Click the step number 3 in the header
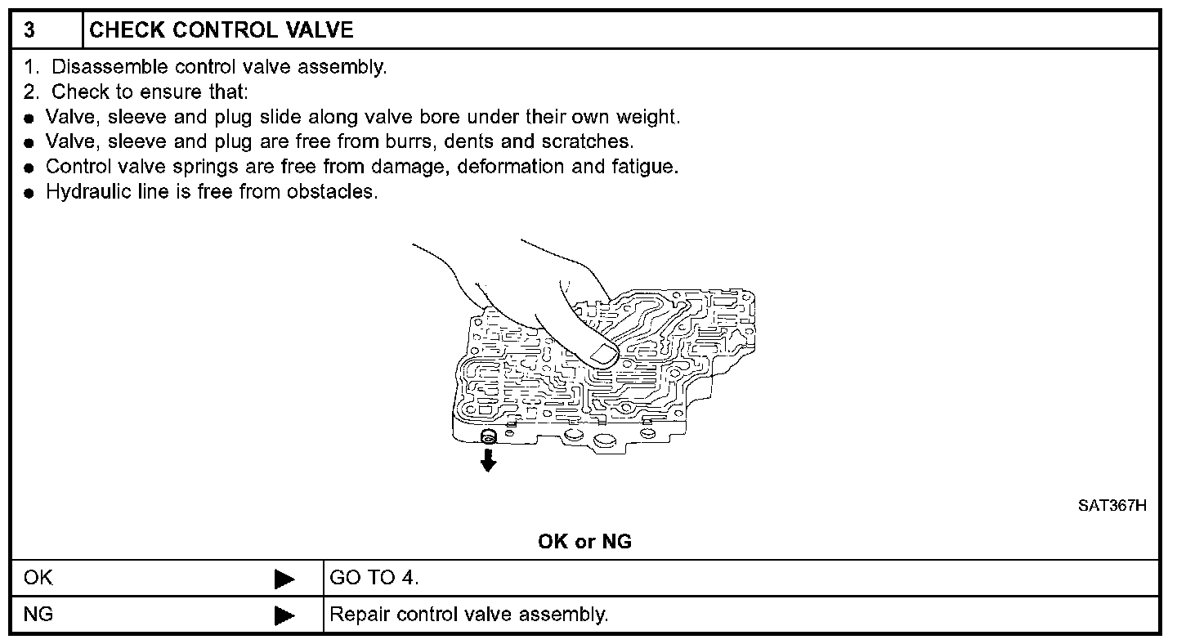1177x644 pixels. click(x=29, y=31)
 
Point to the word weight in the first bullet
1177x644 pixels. click(x=650, y=117)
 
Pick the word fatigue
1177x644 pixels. click(x=645, y=167)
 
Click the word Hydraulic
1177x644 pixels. click(x=83, y=192)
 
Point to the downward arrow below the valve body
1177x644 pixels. click(x=489, y=463)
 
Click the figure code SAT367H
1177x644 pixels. click(x=1112, y=506)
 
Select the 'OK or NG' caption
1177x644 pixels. click(x=584, y=541)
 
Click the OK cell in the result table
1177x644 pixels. click(x=38, y=579)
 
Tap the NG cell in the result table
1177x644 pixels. click(x=38, y=614)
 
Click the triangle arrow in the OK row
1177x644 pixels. click(x=284, y=579)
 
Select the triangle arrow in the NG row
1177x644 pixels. click(x=284, y=615)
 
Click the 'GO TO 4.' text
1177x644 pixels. click(x=374, y=579)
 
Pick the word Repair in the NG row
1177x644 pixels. click(x=359, y=614)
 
